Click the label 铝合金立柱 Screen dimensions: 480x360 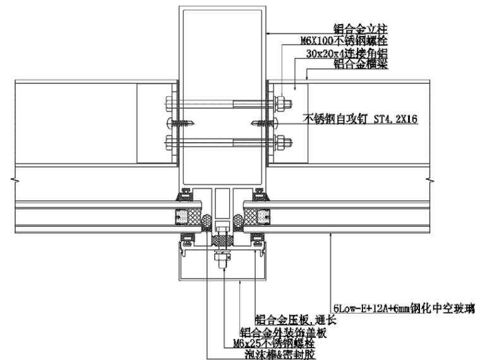(x=361, y=28)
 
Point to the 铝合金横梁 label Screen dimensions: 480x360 (x=361, y=64)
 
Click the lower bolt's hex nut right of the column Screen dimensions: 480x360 (x=281, y=141)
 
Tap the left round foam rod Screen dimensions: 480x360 (x=206, y=222)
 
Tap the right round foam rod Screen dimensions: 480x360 (x=238, y=222)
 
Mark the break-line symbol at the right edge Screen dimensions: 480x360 (x=431, y=182)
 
